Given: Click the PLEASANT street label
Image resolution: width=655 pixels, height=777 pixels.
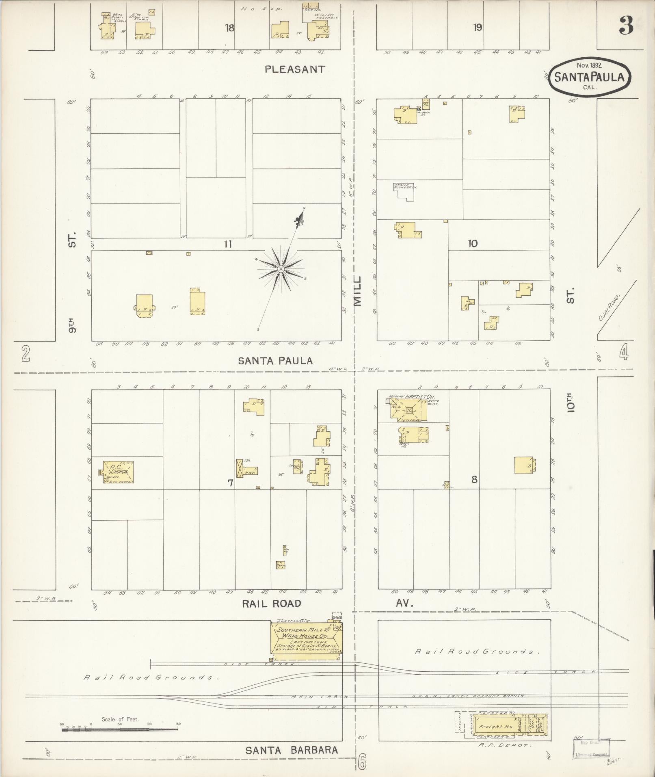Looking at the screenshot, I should (295, 69).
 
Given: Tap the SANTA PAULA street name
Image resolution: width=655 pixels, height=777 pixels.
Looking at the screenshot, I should (275, 361).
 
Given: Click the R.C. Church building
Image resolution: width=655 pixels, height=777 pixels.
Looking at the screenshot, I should (118, 472).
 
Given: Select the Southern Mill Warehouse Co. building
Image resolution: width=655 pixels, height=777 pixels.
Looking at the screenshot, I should (307, 638).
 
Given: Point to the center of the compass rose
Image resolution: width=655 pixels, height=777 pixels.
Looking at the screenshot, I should (281, 269).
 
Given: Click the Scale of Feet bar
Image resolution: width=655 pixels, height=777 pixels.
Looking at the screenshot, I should (120, 729).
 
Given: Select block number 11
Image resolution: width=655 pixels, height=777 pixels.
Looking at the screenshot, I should (227, 244).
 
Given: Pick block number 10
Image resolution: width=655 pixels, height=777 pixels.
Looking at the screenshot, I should (472, 244).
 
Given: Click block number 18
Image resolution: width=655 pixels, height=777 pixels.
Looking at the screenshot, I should (230, 28).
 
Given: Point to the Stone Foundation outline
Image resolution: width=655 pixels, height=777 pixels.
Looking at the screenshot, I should (404, 192).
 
